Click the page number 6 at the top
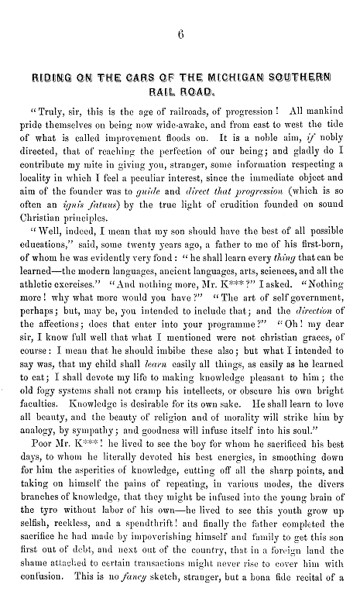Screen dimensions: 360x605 click(180, 31)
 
